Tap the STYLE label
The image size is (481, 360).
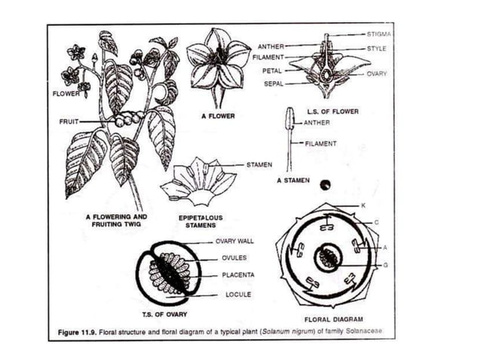[x=376, y=49]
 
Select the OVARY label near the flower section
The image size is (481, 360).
[x=378, y=75]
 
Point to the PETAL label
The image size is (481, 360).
[x=271, y=71]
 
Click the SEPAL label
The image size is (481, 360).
[x=272, y=84]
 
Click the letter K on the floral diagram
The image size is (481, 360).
[x=364, y=206]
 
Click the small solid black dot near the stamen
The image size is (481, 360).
[x=324, y=184]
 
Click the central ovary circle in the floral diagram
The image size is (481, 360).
[x=328, y=257]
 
